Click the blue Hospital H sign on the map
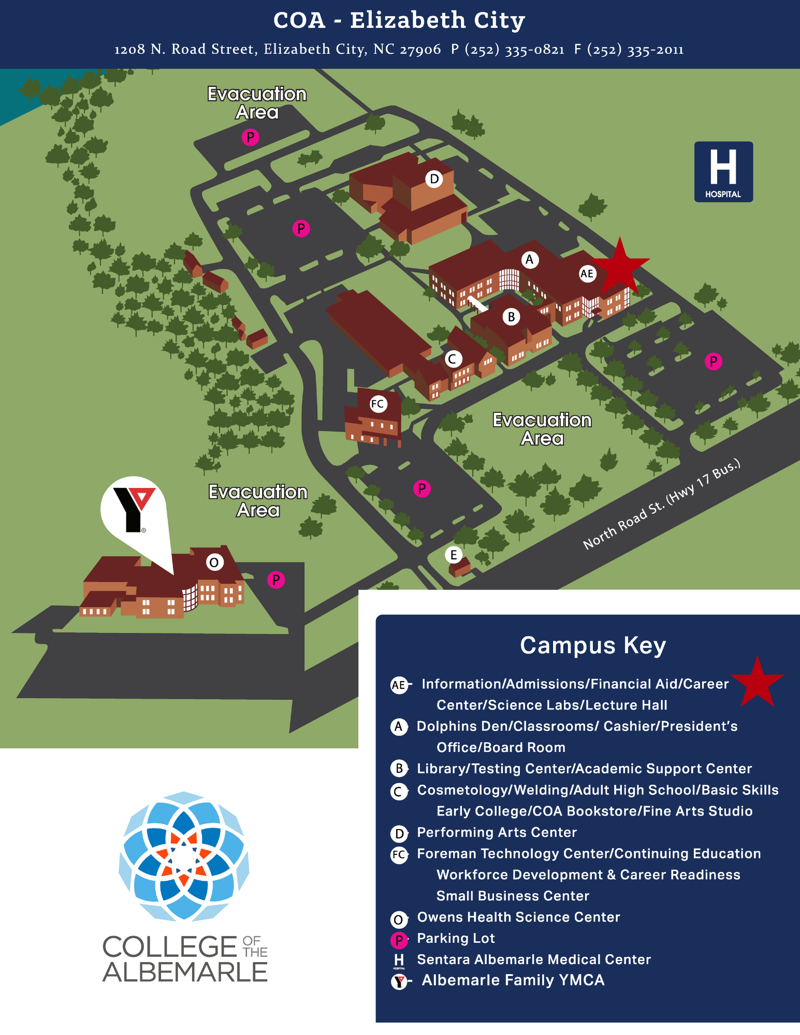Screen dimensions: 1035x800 pyautogui.click(x=723, y=172)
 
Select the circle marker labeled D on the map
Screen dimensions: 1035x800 pyautogui.click(x=434, y=179)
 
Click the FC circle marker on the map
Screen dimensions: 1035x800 pyautogui.click(x=378, y=404)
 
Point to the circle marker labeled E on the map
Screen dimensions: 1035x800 pyautogui.click(x=454, y=555)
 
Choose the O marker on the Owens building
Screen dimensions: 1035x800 pyautogui.click(x=214, y=562)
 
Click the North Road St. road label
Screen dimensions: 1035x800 pyautogui.click(x=661, y=505)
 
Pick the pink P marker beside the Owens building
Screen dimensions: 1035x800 pyautogui.click(x=276, y=580)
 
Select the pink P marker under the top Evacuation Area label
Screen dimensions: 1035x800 pyautogui.click(x=251, y=137)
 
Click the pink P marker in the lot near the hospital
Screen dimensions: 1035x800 pyautogui.click(x=714, y=361)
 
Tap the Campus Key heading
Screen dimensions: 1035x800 pyautogui.click(x=593, y=645)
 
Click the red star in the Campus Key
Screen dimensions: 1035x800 pyautogui.click(x=757, y=682)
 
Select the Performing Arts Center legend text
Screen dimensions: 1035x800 pyautogui.click(x=497, y=832)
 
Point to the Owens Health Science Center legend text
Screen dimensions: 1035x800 pyautogui.click(x=518, y=917)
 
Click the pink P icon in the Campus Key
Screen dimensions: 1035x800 pyautogui.click(x=399, y=940)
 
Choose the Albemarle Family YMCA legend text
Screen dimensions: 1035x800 pyautogui.click(x=513, y=980)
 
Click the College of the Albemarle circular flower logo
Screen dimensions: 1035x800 pyautogui.click(x=184, y=856)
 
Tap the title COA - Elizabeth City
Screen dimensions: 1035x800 pyautogui.click(x=399, y=21)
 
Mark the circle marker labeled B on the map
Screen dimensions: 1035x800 pyautogui.click(x=511, y=317)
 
